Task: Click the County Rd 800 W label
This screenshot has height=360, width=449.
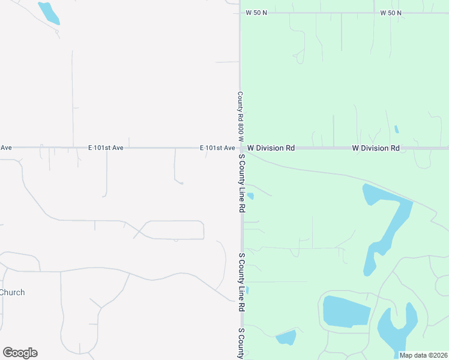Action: (240, 116)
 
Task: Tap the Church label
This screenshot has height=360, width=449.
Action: (13, 293)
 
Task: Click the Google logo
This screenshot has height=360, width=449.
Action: (20, 353)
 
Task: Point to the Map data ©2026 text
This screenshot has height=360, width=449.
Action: (423, 355)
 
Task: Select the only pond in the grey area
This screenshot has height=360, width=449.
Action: (49, 13)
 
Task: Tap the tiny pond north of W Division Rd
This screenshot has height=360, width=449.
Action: (396, 129)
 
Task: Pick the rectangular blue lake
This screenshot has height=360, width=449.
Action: (346, 311)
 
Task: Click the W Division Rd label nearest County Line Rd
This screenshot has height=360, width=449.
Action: (271, 148)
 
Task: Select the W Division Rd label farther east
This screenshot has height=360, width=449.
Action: (376, 148)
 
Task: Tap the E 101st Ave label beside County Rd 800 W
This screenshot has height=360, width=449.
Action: (217, 148)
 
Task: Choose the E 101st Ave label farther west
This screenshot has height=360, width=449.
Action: (106, 148)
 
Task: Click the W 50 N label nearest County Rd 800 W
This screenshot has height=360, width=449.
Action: (256, 13)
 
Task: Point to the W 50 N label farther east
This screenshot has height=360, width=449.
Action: (391, 13)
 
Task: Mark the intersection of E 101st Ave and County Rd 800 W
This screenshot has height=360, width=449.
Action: (240, 148)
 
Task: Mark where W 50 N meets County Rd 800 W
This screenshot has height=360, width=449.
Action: (240, 13)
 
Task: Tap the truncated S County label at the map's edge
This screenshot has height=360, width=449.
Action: (241, 343)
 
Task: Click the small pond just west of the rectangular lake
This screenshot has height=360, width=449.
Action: (286, 338)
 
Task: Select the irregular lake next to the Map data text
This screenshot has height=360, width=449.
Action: (396, 330)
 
